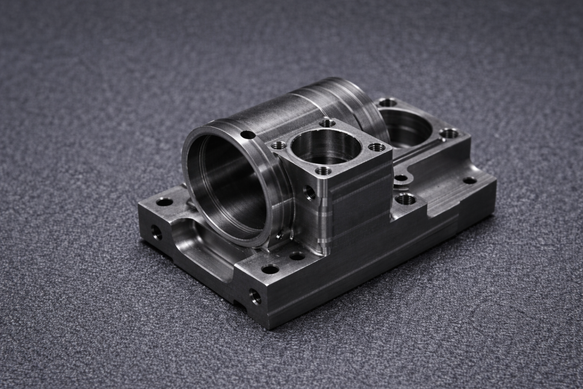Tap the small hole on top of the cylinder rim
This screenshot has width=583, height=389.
[248, 135]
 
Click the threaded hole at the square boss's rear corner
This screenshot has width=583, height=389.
[327, 122]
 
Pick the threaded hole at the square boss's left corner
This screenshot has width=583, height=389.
[279, 145]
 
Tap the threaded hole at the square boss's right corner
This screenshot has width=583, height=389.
[377, 147]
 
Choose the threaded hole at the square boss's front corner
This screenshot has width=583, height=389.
[323, 170]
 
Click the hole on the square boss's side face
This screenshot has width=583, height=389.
[310, 193]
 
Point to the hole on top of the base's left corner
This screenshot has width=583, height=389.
[165, 202]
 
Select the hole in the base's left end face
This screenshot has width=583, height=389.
[156, 232]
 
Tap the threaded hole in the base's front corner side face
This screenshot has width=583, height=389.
[255, 296]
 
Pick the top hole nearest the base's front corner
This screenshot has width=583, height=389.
[270, 269]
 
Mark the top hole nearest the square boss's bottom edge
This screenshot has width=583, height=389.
[297, 256]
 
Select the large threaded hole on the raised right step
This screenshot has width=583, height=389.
[405, 199]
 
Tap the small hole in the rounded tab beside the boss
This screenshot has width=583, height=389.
[401, 178]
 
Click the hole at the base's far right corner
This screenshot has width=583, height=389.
[470, 181]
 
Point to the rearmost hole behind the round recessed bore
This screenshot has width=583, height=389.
[388, 103]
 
